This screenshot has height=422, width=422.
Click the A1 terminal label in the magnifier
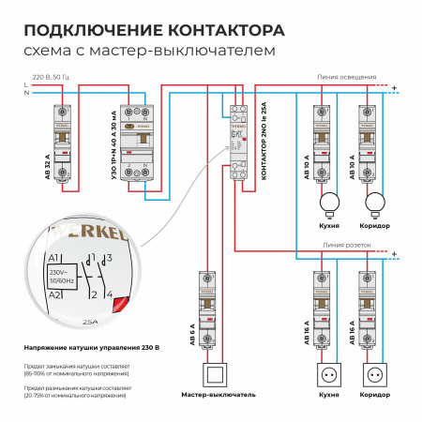tap(55, 259)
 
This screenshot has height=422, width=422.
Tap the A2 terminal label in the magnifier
tap(55, 295)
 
